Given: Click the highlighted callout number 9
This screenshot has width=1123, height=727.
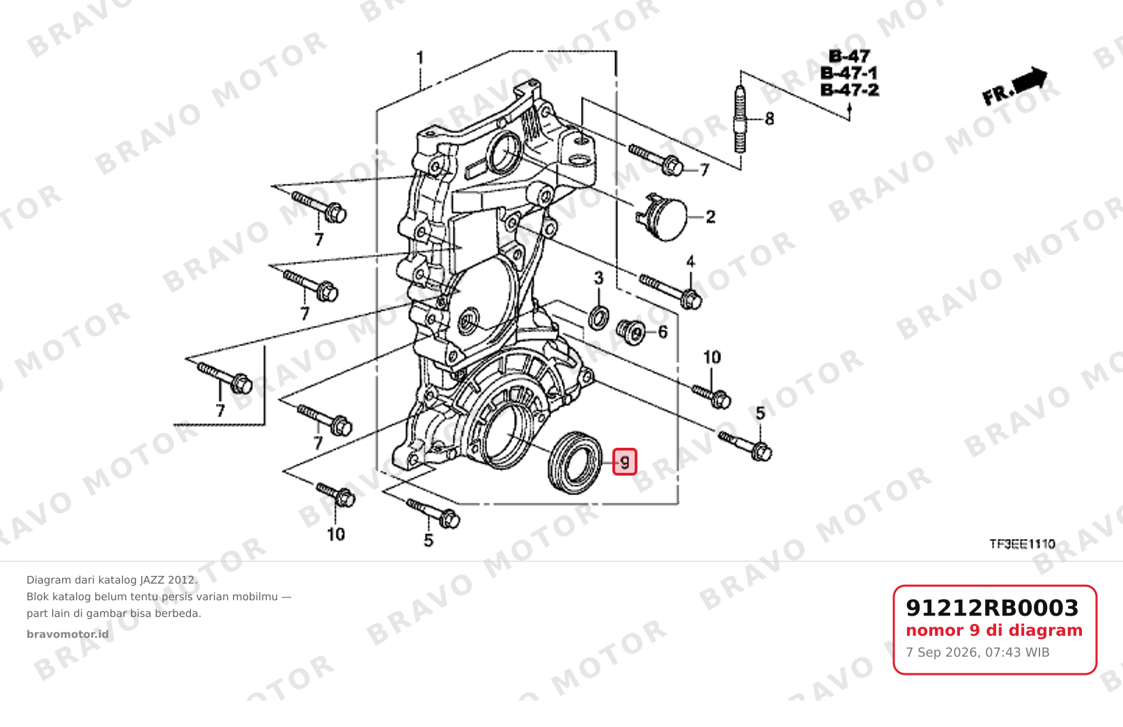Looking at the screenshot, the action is tap(625, 462).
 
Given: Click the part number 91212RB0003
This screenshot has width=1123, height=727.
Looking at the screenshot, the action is tap(992, 608).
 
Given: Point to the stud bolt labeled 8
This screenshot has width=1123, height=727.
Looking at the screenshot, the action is tap(741, 119).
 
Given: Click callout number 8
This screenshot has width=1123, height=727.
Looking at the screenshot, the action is tap(769, 119).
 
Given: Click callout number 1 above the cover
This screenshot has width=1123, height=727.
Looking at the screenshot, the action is tap(420, 58).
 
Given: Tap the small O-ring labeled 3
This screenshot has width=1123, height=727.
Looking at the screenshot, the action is tap(598, 318).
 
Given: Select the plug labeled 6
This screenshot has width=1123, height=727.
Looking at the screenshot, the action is tap(630, 331).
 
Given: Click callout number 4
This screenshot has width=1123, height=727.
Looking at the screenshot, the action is tap(690, 262).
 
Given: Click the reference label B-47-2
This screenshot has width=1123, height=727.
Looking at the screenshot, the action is tap(849, 91).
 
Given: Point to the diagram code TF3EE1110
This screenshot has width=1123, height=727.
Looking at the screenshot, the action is tap(1022, 544).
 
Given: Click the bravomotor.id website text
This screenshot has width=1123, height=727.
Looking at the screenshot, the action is tap(68, 634).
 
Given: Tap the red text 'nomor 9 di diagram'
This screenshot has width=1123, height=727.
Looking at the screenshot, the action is tap(994, 630).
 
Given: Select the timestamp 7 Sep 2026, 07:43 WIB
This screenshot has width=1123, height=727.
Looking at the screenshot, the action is tap(977, 652).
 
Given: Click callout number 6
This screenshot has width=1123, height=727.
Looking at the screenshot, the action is tap(663, 331).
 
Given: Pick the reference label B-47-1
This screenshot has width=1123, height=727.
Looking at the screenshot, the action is tap(849, 73).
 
